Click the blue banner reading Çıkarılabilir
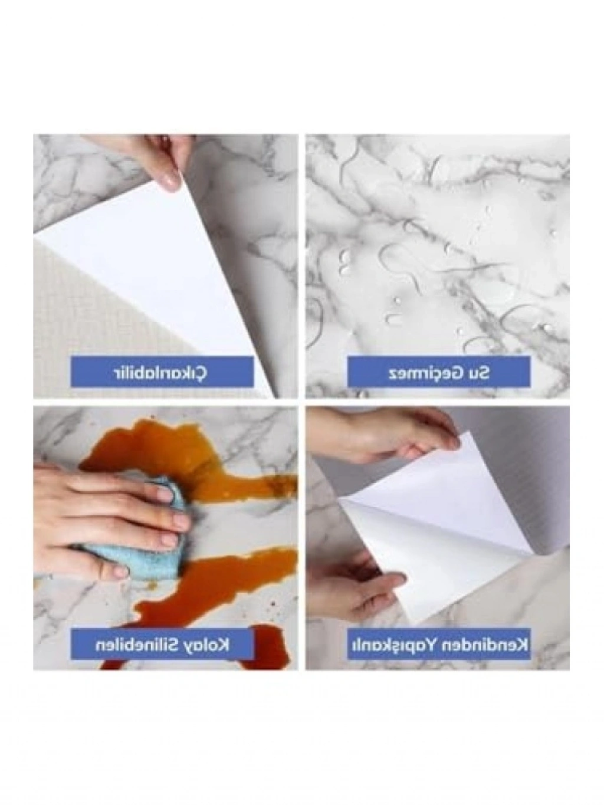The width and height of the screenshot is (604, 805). [162, 371]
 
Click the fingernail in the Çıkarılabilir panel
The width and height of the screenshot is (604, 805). [169, 181]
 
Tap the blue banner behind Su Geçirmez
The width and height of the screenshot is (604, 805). [439, 373]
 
